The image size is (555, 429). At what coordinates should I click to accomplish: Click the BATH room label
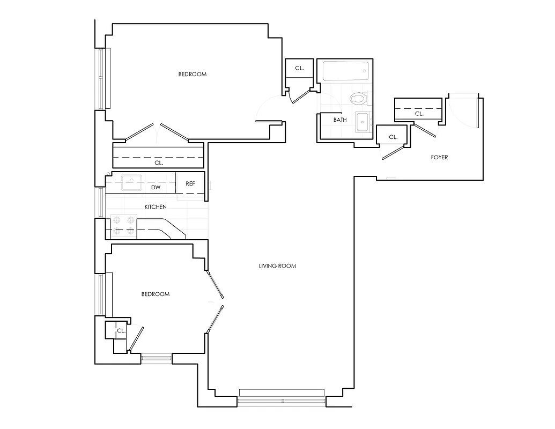point(340,120)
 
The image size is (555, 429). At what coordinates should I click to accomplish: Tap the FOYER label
point(439,158)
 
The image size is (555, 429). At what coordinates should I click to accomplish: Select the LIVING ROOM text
point(277,266)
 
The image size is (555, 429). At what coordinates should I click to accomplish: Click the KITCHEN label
point(156,207)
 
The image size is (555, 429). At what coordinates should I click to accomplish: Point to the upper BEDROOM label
point(192,75)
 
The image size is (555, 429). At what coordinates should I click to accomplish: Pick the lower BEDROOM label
point(155,294)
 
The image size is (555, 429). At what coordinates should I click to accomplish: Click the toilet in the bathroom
point(357,98)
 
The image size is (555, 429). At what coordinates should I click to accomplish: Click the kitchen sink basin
point(130,183)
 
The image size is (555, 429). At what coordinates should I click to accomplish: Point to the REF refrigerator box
point(190,183)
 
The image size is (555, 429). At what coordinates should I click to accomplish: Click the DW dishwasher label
point(156,188)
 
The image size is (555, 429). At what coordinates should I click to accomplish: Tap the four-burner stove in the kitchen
point(123,226)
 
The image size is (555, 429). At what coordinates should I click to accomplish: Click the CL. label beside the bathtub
point(299,68)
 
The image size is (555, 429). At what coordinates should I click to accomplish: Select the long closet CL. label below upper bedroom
point(159,162)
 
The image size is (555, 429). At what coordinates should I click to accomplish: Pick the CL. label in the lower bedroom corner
point(121,331)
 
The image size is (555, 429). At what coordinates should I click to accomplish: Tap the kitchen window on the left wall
point(102,202)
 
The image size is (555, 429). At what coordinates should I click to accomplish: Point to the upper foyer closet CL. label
point(419,114)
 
